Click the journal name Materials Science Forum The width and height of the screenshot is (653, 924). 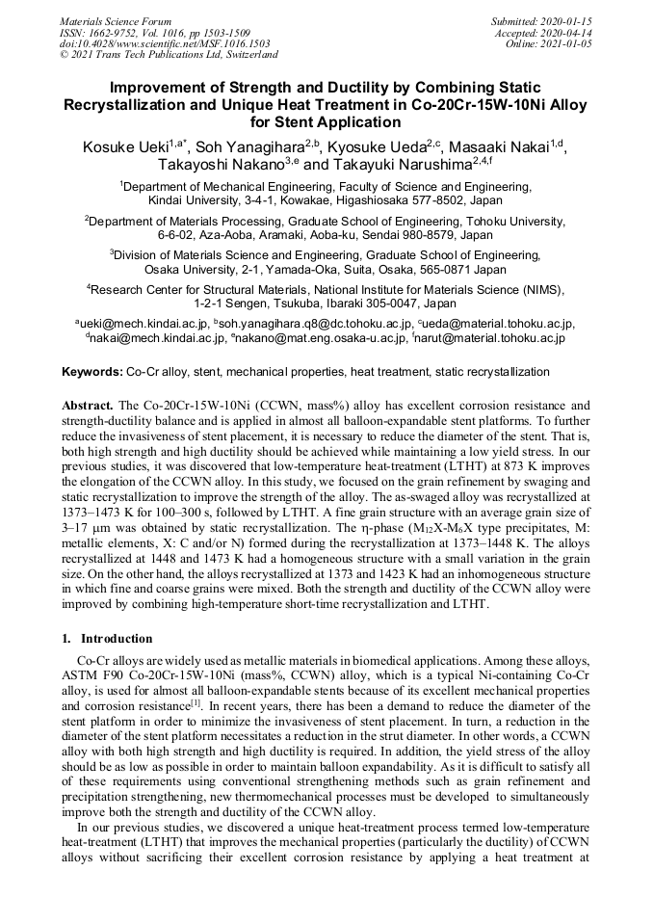(116, 20)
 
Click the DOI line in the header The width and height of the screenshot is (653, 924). (165, 43)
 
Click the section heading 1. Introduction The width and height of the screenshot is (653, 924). (107, 638)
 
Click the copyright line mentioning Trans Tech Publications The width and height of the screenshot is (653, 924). (169, 55)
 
